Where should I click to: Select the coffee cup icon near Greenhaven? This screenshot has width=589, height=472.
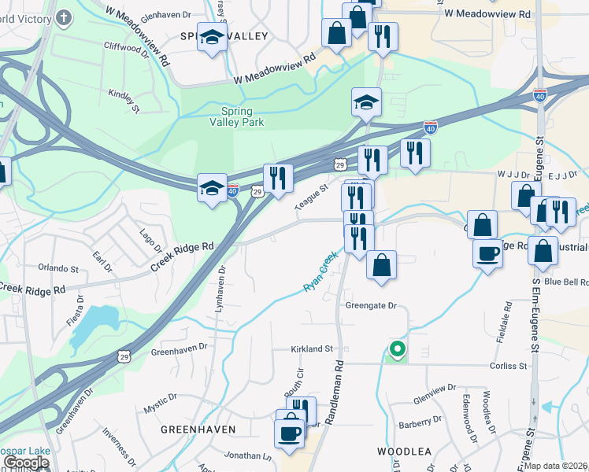coord(289,432)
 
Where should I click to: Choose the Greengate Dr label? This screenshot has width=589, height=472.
coord(370,305)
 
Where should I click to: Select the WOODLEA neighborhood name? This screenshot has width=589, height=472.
coord(404,452)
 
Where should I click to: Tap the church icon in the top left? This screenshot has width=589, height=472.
coord(64,16)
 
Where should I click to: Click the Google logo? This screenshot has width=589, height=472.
coord(26,463)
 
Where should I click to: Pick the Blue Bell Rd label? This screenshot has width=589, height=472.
coord(565,282)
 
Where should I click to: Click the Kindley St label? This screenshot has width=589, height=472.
coord(124,100)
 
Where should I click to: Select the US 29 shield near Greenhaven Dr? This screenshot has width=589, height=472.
coord(124,356)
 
